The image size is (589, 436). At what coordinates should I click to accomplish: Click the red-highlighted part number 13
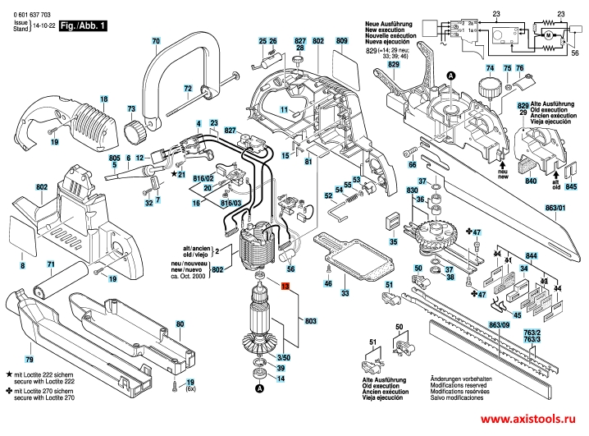[285, 288]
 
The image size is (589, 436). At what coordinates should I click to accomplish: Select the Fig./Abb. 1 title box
[84, 27]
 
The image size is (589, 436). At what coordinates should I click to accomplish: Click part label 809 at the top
[342, 41]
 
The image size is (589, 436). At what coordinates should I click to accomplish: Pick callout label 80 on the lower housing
[180, 325]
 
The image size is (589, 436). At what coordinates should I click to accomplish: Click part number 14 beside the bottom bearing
[281, 379]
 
